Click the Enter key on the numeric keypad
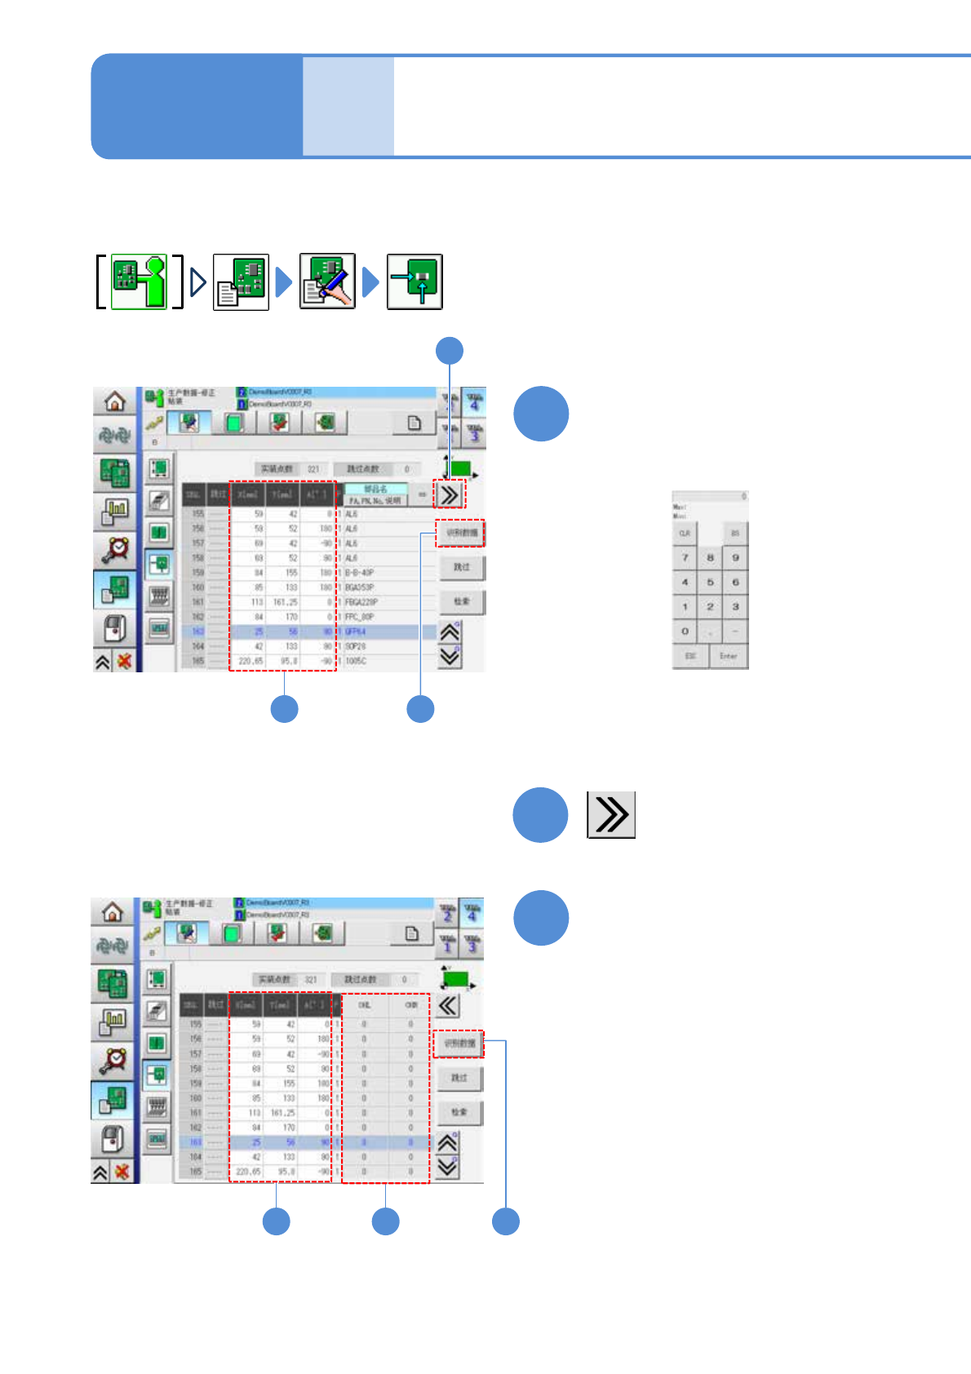728,656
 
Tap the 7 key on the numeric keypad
685,558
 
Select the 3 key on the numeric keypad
735,607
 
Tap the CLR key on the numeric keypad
685,534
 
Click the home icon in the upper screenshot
115,401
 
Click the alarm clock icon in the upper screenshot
115,550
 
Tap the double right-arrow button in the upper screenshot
450,494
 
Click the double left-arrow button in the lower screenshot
448,1005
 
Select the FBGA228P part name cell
361,602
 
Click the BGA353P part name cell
359,587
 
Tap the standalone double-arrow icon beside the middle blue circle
611,815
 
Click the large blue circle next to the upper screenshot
541,414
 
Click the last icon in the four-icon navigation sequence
415,282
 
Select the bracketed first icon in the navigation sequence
139,282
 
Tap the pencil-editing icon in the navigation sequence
327,282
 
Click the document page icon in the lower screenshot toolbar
412,933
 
